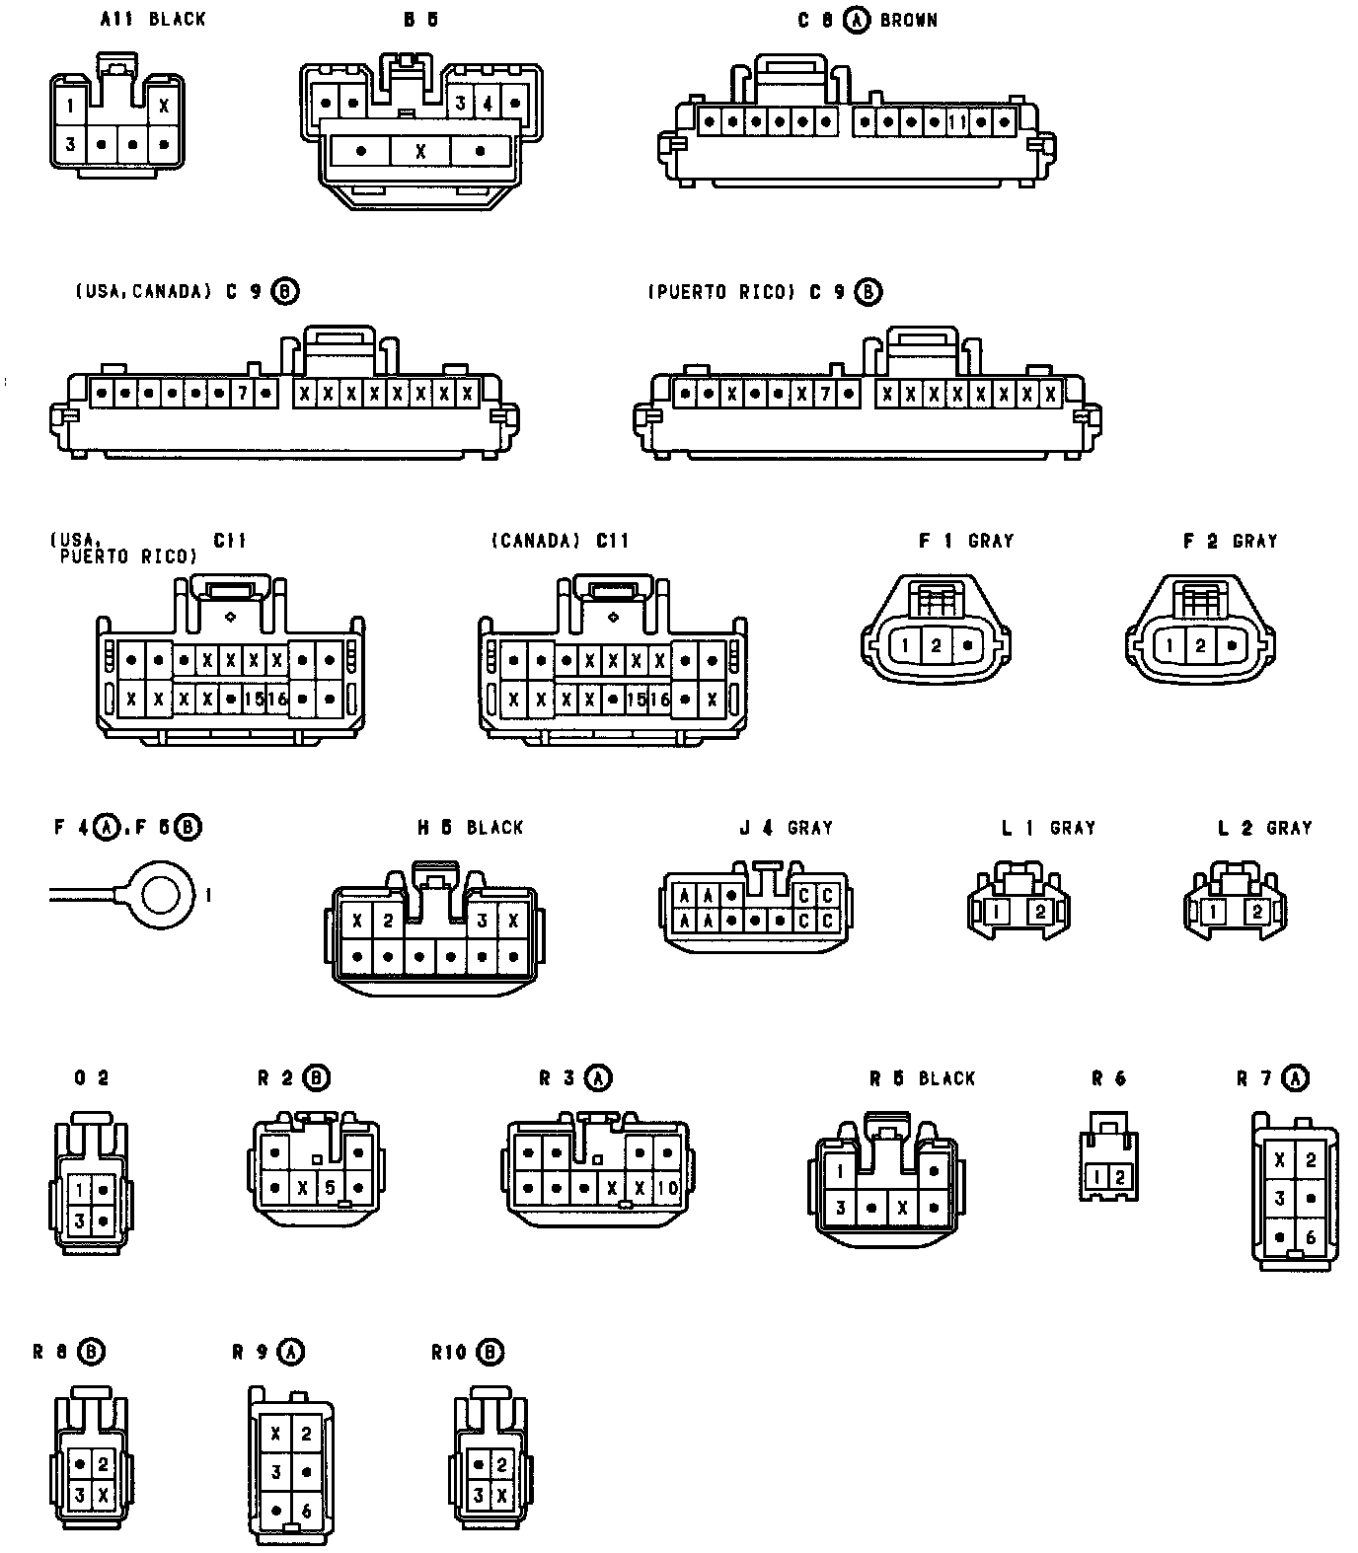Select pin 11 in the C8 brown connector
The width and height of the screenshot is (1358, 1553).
(956, 123)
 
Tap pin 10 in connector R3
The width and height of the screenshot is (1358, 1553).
(667, 1187)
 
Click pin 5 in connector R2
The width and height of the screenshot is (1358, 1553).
(331, 1187)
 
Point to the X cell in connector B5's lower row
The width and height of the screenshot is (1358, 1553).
(420, 151)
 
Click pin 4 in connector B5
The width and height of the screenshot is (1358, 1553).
(488, 103)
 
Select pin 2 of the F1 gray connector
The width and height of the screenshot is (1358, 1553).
(936, 646)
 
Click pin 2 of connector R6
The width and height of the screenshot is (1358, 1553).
(1120, 1176)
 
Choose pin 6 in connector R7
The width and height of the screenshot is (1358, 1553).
(1310, 1237)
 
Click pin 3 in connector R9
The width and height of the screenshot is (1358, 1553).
(276, 1472)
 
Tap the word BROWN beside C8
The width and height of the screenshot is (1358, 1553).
(908, 20)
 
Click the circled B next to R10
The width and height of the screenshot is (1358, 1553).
(489, 1352)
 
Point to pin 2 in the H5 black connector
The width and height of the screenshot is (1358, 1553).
(388, 921)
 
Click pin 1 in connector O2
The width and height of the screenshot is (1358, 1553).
(79, 1190)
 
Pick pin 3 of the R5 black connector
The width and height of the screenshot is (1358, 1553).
(840, 1207)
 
